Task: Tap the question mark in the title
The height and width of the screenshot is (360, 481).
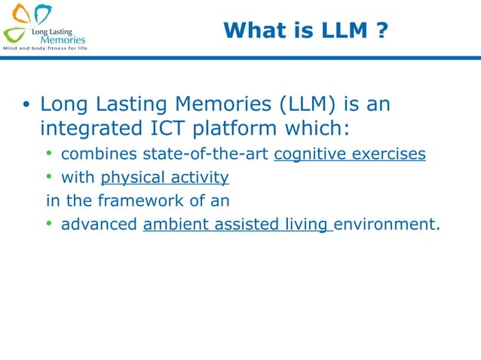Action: pyautogui.click(x=382, y=30)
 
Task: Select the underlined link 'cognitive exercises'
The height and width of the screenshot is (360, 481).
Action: pyautogui.click(x=350, y=154)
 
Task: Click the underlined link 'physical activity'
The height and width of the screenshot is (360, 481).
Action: pyautogui.click(x=164, y=178)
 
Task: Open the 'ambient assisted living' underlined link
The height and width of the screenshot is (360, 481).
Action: pyautogui.click(x=237, y=224)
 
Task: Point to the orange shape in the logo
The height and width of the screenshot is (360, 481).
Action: pyautogui.click(x=22, y=14)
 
